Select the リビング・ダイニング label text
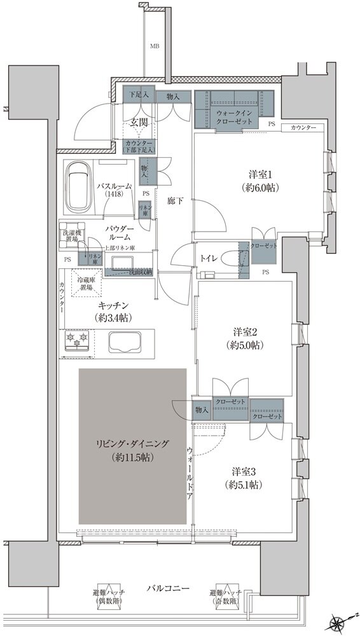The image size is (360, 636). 132,451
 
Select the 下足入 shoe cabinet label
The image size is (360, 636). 139,96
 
